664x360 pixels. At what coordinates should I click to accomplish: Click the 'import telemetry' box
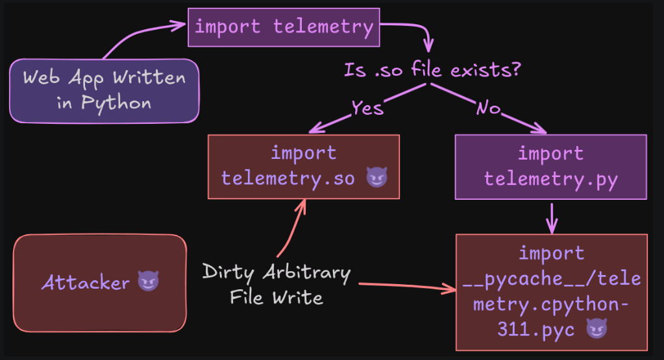284,27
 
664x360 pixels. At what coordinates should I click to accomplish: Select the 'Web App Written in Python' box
104,91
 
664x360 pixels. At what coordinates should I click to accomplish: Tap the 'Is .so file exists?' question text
432,70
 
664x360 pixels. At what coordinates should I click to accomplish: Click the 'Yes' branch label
367,108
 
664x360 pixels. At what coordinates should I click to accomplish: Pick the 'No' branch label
488,108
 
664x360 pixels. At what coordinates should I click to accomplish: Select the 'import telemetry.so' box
304,167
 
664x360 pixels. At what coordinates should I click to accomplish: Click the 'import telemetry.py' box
550,167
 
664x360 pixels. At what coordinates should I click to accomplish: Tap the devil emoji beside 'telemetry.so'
376,177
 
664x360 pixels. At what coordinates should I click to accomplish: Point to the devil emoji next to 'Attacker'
148,282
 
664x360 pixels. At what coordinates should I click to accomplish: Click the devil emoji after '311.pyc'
596,329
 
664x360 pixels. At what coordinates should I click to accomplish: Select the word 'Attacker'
86,282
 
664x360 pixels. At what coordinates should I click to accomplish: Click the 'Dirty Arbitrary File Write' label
276,284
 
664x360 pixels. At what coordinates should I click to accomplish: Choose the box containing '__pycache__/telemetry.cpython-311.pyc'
551,293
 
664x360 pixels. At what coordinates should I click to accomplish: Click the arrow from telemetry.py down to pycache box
552,218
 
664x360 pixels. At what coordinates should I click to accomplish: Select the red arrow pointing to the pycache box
408,287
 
